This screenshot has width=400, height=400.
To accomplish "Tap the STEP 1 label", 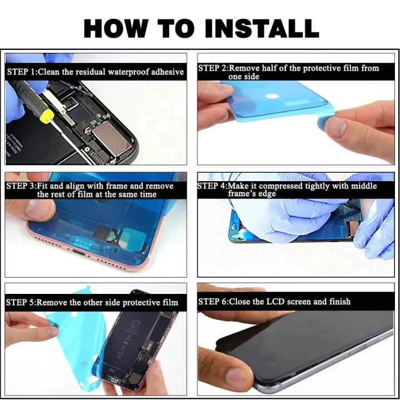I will coord(21,72).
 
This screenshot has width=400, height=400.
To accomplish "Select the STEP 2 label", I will coord(212,68).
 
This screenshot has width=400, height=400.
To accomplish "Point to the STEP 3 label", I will coord(20,186).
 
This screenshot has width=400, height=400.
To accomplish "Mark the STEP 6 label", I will coord(212,301).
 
